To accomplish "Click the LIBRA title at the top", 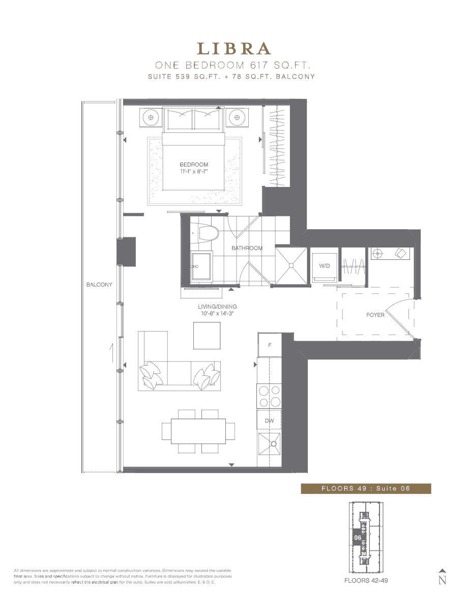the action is [234, 48].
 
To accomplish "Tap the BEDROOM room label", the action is [194, 164].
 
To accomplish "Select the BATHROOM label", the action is [247, 248].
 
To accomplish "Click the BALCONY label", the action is [99, 285].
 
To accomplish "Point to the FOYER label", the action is [375, 315].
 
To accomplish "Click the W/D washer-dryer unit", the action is [325, 266].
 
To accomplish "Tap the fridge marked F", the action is [270, 345].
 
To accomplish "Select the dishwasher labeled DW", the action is [269, 420].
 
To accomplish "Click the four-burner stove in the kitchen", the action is [269, 396].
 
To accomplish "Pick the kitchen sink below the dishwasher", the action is [269, 445].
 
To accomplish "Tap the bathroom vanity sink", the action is [201, 266].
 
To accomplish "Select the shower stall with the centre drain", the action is [291, 266].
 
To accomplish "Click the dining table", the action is [198, 431].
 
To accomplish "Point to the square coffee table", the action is [207, 336].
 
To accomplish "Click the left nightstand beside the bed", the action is [151, 117].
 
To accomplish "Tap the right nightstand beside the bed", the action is [237, 117].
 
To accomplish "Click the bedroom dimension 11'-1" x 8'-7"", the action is [194, 171].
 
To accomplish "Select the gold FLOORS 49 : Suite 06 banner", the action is [366, 488].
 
